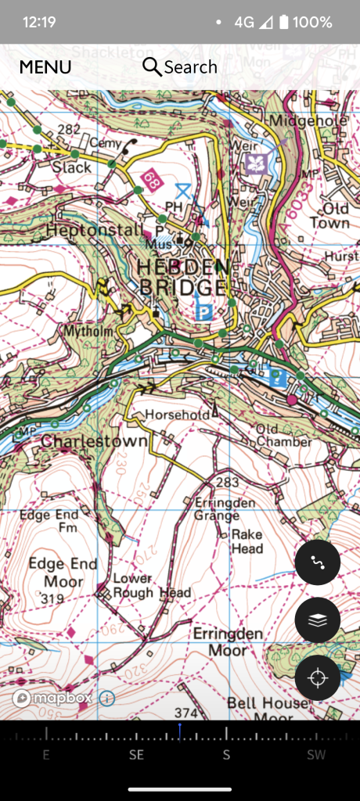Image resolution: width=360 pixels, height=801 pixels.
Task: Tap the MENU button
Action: click(x=45, y=67)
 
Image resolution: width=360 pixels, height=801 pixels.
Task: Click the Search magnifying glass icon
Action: click(x=152, y=66)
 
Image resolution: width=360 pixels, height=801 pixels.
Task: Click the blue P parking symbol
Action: click(x=204, y=311)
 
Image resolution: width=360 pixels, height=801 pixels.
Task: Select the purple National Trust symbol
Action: click(x=257, y=163)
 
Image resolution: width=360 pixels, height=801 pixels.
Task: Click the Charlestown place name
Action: click(x=94, y=441)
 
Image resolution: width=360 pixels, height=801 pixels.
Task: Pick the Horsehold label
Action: click(x=171, y=414)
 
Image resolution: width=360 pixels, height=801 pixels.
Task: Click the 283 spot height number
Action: click(x=227, y=483)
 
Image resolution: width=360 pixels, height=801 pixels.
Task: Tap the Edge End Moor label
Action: click(x=63, y=573)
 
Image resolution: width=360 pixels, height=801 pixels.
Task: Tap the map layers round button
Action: click(x=317, y=620)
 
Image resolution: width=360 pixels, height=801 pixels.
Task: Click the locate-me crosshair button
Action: click(x=317, y=677)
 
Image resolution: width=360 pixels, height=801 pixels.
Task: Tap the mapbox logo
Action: click(x=52, y=698)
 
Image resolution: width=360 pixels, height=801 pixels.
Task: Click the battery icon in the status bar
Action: click(x=283, y=22)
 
